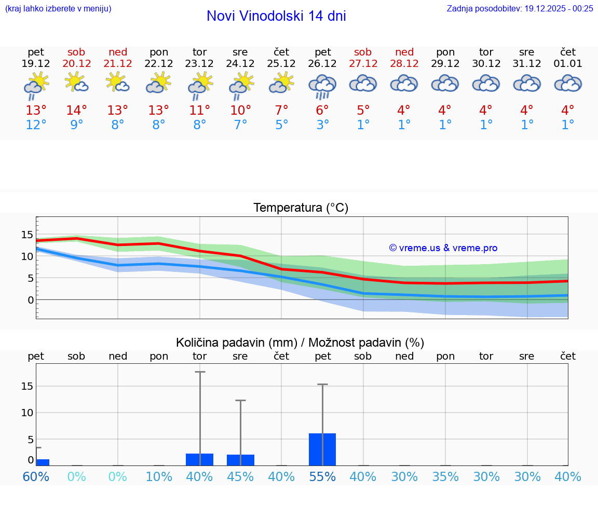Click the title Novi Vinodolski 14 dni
click(276, 16)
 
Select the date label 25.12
click(281, 64)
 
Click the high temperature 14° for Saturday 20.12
click(76, 111)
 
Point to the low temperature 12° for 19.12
click(36, 125)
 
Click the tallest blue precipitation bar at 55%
click(322, 449)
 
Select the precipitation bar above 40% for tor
click(200, 459)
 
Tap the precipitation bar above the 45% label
click(240, 460)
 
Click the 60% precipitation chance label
click(36, 476)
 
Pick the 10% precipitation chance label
click(159, 476)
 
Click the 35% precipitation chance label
click(445, 476)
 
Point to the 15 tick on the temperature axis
click(27, 235)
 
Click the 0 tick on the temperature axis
click(31, 300)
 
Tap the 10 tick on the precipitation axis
click(27, 413)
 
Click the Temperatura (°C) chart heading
click(301, 208)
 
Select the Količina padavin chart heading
click(300, 343)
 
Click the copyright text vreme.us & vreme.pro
click(443, 248)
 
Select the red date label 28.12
click(404, 64)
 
